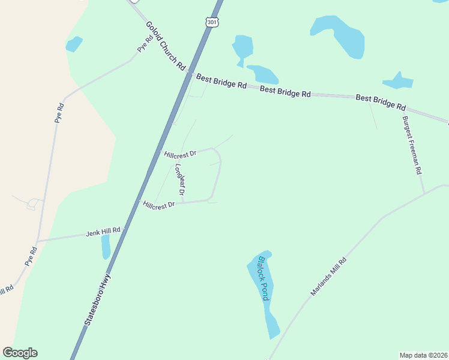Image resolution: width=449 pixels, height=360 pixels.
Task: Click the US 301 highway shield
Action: tap(211, 22)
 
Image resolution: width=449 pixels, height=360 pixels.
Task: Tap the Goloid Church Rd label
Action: tap(166, 47)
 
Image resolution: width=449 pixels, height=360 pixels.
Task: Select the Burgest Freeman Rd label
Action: tap(412, 145)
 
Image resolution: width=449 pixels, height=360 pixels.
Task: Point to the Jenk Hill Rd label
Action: tap(103, 231)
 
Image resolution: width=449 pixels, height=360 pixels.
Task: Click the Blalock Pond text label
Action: tap(263, 279)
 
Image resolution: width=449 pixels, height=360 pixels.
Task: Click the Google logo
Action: tap(20, 353)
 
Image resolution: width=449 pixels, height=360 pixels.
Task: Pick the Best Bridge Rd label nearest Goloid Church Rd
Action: tap(221, 80)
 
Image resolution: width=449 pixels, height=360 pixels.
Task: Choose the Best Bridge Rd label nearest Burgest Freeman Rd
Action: tap(381, 102)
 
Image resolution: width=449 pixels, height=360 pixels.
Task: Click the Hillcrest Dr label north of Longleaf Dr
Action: tap(180, 154)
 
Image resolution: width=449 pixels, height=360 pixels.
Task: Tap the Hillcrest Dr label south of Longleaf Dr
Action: tap(158, 205)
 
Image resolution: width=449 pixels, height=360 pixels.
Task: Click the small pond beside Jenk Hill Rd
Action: tap(106, 246)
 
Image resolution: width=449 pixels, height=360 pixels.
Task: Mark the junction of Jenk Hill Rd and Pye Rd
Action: tap(38, 241)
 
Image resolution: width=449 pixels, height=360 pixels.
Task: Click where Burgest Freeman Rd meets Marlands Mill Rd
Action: tap(424, 194)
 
